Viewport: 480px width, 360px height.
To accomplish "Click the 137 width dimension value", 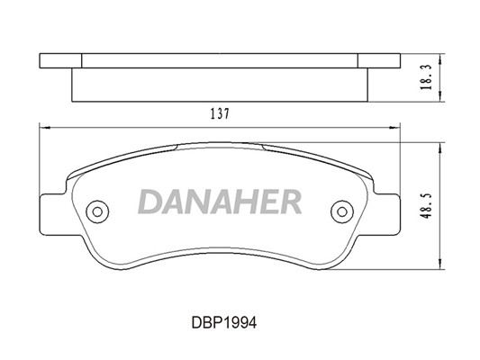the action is click(x=220, y=114).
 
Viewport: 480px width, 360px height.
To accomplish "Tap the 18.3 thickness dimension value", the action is click(x=426, y=77).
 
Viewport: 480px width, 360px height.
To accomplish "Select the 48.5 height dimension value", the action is click(x=426, y=205).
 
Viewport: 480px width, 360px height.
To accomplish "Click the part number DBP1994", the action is click(x=224, y=322).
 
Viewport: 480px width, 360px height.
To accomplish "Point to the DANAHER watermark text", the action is click(x=220, y=202).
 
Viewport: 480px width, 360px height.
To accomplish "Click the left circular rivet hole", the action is click(x=97, y=211).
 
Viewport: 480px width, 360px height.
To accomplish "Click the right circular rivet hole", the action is click(x=342, y=211).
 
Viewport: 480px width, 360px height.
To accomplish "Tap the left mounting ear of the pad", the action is click(x=53, y=215).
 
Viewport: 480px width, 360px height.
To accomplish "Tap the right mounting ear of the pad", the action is click(x=386, y=215).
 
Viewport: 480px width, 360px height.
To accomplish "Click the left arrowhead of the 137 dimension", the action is click(x=44, y=128).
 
